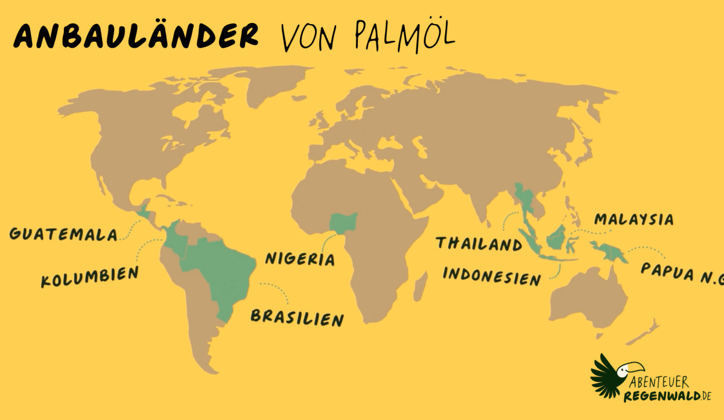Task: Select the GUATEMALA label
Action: pos(63,234)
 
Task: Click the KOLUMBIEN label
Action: pos(89,277)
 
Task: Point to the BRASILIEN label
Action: pos(297,317)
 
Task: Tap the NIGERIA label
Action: pos(300,259)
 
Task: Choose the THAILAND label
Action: pos(479,244)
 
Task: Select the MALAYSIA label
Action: pos(634,220)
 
